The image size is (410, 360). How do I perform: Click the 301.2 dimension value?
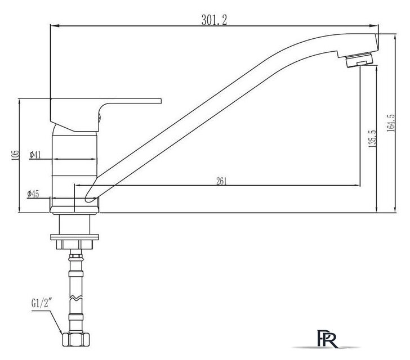[214, 20]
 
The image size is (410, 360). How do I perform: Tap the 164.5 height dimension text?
[391, 123]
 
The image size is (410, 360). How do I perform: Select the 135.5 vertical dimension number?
[372, 139]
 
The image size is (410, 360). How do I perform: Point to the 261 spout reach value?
[221, 181]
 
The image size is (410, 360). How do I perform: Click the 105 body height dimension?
[15, 155]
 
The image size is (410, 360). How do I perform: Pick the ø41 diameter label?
[35, 155]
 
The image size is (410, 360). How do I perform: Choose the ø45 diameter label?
[33, 194]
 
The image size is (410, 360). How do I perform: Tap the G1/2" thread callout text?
[41, 303]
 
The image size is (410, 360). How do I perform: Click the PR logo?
[327, 339]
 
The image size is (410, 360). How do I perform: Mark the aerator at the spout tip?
[359, 60]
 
